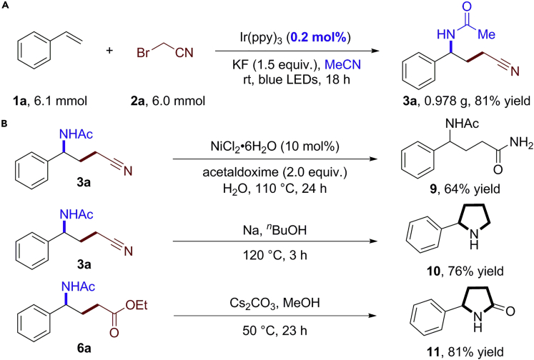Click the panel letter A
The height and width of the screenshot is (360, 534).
(x=6, y=6)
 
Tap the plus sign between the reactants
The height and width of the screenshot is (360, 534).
(x=109, y=50)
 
